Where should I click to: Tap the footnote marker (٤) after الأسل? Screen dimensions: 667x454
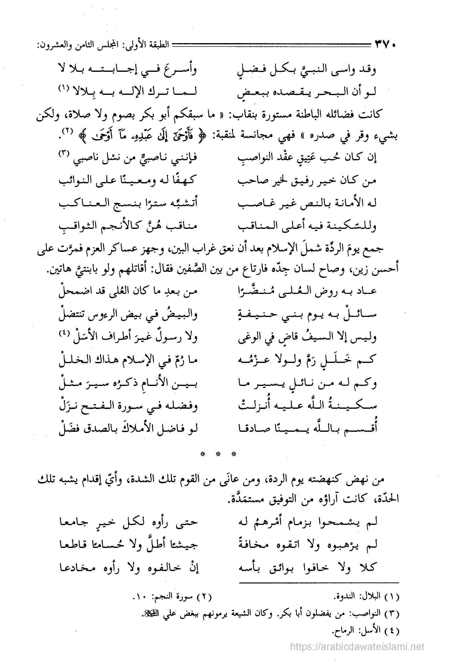[64, 333]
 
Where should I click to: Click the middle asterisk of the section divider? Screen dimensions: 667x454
[218, 454]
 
